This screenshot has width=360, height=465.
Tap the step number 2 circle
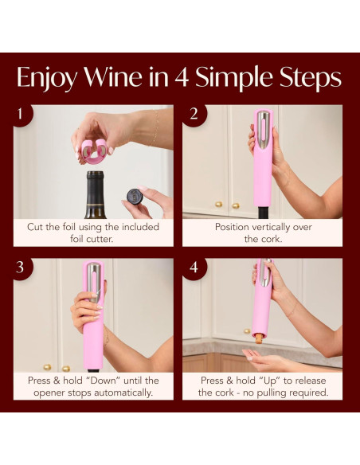click(x=192, y=113)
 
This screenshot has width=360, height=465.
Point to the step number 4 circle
click(x=192, y=267)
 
